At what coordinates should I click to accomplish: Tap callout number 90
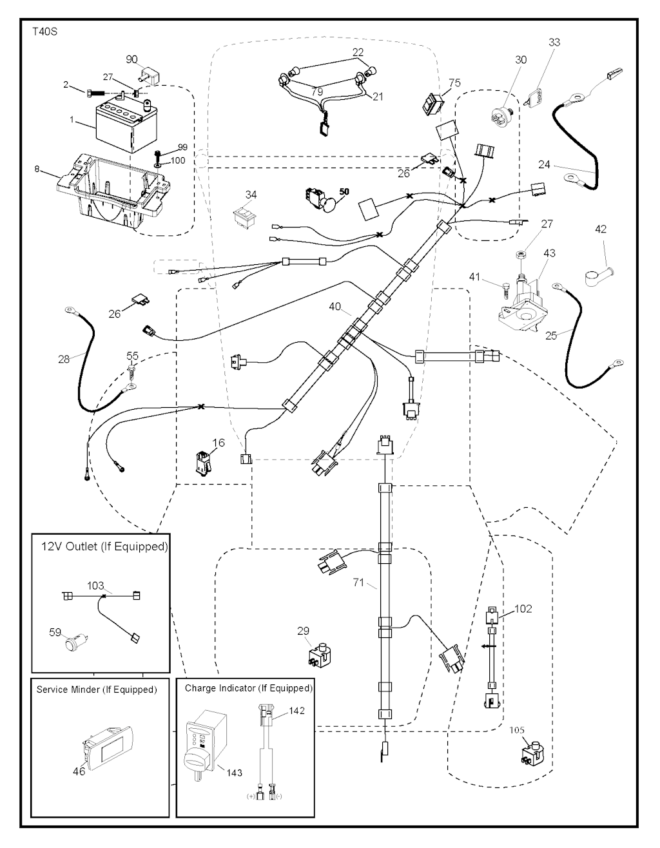click(x=132, y=59)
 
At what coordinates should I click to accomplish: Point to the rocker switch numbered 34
click(x=244, y=216)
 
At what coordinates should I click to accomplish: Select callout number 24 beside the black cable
click(x=545, y=164)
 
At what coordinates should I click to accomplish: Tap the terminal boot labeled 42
click(x=597, y=276)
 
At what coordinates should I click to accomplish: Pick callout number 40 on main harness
click(x=335, y=307)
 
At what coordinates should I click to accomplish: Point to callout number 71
click(x=359, y=583)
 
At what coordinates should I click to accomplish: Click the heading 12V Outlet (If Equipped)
click(x=104, y=546)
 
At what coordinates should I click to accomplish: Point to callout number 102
click(x=523, y=608)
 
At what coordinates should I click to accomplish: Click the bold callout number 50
click(x=344, y=192)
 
